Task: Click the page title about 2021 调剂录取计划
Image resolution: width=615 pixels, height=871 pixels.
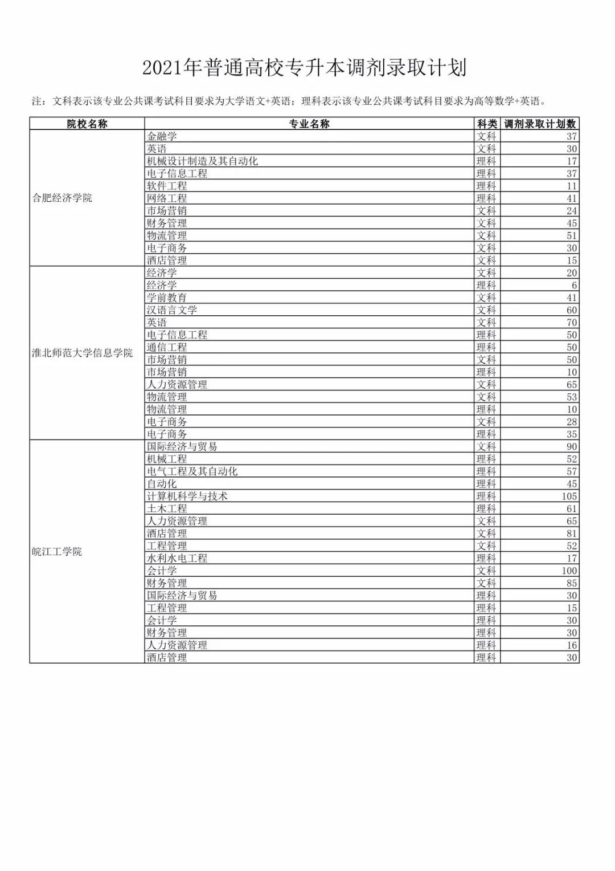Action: [x=305, y=68]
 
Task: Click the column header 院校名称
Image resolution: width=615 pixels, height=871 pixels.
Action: [x=87, y=124]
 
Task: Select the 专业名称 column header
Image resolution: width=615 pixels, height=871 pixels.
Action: [x=309, y=124]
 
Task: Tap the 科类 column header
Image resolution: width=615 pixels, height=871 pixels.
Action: [x=487, y=124]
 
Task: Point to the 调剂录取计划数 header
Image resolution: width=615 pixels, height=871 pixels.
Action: [x=540, y=124]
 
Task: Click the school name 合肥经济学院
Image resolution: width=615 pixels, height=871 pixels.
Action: [x=62, y=198]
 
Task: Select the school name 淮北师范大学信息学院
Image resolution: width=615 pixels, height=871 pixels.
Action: [x=82, y=353]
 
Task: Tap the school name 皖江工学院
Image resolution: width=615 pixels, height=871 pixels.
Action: [x=57, y=552]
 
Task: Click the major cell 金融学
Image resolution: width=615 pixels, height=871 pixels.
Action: [x=162, y=136]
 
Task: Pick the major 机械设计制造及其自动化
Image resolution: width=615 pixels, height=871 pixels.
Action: [x=202, y=161]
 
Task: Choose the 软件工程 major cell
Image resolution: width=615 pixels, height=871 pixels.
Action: [x=167, y=186]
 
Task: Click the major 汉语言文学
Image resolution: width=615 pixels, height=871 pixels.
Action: [x=172, y=310]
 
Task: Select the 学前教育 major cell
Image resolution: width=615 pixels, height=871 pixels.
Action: [x=167, y=298]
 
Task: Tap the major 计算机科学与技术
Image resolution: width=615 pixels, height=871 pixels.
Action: [x=187, y=496]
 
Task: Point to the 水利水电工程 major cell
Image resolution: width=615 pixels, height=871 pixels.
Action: [x=177, y=559]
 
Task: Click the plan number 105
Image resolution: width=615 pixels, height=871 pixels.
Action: [x=569, y=496]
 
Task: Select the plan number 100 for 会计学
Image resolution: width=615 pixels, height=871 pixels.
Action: [x=569, y=571]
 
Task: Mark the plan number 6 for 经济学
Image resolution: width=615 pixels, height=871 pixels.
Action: [x=574, y=286]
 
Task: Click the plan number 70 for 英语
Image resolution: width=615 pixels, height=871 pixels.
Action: [x=572, y=323]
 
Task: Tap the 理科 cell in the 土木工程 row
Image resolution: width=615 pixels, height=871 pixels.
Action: [x=486, y=508]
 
